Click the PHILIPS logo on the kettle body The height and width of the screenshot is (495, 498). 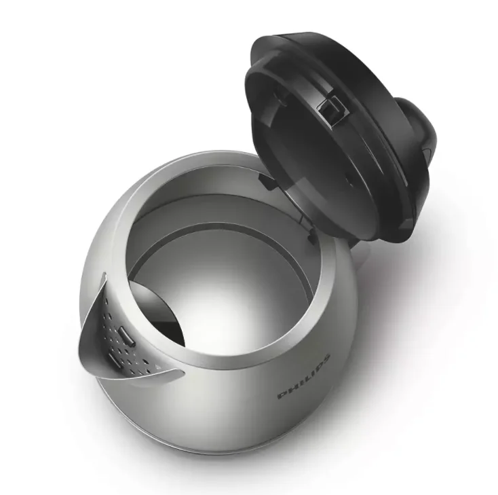point(304,377)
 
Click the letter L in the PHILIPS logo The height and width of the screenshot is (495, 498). point(307,378)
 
